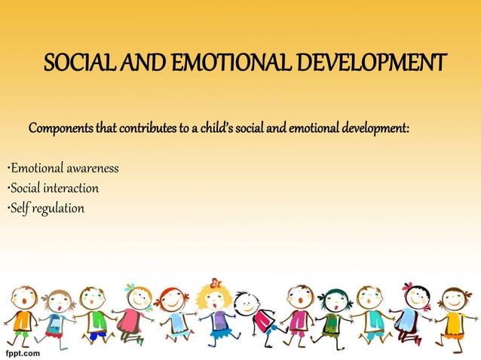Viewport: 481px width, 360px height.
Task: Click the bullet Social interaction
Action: (53, 188)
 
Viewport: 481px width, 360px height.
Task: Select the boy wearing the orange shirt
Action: (23, 316)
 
